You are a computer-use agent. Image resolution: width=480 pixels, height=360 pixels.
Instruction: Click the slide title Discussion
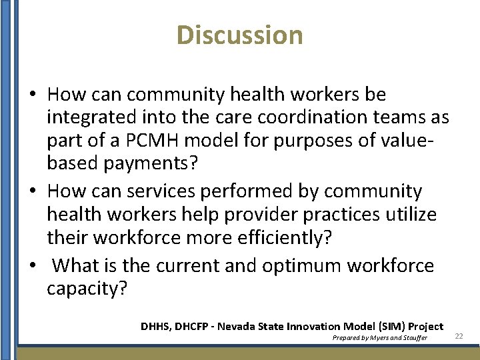pyautogui.click(x=240, y=35)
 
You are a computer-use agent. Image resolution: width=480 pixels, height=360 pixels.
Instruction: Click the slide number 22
pyautogui.click(x=459, y=337)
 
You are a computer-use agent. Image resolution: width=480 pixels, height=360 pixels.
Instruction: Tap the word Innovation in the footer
pyautogui.click(x=313, y=326)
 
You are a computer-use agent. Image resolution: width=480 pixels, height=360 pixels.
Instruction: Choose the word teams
pyautogui.click(x=396, y=118)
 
